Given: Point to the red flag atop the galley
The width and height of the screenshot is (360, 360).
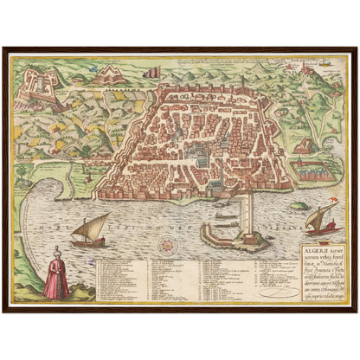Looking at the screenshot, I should (326, 214).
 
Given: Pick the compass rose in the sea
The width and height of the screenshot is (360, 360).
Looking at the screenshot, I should (164, 245).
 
